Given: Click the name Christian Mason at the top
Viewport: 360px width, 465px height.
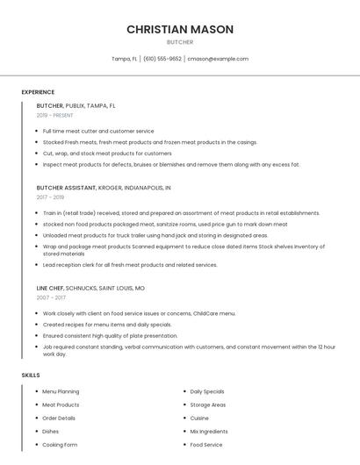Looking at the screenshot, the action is [180, 29].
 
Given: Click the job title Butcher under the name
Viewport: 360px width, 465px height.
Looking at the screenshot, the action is [180, 42].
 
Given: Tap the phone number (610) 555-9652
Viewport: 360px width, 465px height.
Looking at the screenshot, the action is [162, 59].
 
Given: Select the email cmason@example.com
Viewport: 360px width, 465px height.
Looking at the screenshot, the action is [219, 59].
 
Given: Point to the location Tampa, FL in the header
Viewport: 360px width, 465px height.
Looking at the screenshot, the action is [125, 59].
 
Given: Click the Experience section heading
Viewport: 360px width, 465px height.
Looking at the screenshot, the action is [38, 92].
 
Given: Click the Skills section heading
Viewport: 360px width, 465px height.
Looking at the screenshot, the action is [31, 376].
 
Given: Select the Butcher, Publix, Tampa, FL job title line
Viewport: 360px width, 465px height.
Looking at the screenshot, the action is [76, 105].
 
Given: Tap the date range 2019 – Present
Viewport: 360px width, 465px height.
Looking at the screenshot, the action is [55, 115].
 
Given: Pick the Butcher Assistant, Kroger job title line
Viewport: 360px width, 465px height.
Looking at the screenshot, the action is [104, 188].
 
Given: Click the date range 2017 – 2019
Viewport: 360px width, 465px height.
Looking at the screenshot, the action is [51, 197].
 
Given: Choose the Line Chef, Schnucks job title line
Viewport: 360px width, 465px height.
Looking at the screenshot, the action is [90, 288].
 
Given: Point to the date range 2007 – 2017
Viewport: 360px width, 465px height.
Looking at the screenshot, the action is [51, 297].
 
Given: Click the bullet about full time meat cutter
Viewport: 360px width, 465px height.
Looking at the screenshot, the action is [97, 131].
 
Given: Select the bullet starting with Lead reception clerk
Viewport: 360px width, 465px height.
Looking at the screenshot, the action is [130, 264].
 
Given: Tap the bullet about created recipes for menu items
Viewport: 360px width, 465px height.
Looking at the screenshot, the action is [107, 324].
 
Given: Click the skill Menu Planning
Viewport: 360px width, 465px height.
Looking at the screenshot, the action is [61, 391].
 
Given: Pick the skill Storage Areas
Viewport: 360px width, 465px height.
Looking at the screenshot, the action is [208, 404].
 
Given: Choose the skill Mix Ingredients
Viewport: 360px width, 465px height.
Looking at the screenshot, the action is [210, 432].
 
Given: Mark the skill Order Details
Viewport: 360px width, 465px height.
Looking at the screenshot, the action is [59, 418].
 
